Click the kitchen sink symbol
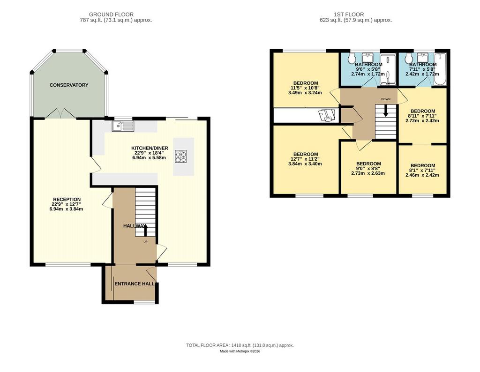123,126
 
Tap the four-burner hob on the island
180,156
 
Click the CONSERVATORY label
69,85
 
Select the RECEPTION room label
67,200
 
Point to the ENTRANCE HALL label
135,284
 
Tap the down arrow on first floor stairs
386,111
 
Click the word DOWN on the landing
386,99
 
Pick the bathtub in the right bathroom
440,69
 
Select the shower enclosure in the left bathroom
388,69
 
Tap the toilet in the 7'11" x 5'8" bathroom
408,58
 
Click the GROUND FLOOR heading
111,15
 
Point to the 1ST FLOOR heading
349,15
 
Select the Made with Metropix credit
240,351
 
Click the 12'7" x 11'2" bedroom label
306,159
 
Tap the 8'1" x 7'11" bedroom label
422,171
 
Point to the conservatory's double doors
60,113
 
